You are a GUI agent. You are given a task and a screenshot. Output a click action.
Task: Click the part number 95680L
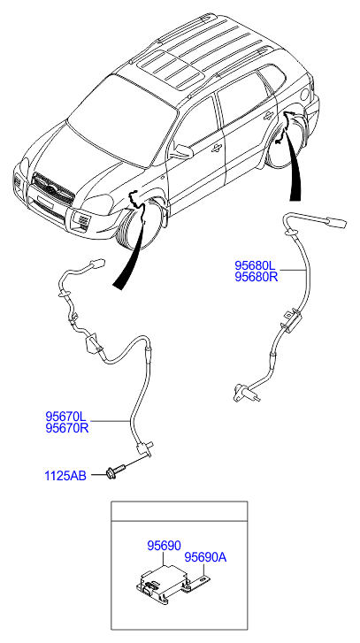(x=256, y=265)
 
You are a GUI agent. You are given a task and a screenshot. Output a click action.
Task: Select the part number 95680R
(x=257, y=277)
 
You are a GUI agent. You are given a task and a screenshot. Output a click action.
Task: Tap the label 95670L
(x=66, y=417)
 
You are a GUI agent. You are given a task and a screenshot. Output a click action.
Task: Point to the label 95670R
(x=67, y=428)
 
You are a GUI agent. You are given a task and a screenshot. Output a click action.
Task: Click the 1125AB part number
(x=65, y=476)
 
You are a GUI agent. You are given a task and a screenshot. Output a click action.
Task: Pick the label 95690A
(x=205, y=557)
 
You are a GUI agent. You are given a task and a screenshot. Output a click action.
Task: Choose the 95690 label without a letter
(x=164, y=546)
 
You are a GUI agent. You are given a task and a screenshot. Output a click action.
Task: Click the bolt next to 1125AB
(x=116, y=472)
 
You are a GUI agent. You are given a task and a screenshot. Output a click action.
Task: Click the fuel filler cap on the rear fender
(x=305, y=96)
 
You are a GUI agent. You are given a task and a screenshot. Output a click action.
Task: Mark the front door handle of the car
(x=216, y=149)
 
